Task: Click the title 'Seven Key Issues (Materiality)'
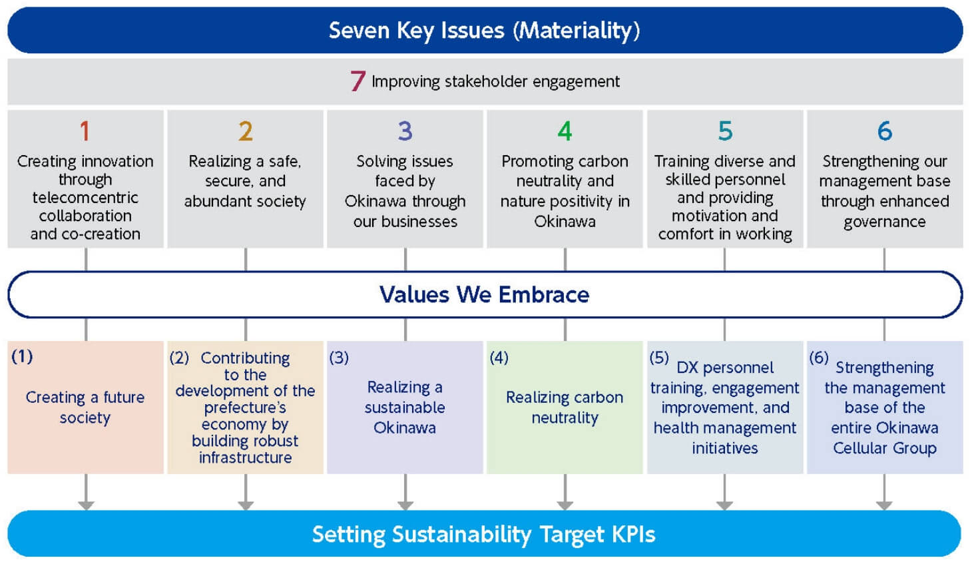tap(484, 31)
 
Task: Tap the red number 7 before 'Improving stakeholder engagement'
tap(358, 81)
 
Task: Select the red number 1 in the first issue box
tap(85, 131)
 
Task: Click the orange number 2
tap(245, 131)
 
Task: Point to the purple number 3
tap(405, 131)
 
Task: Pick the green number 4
tap(565, 131)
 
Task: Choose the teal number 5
tap(725, 131)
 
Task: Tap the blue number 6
tap(884, 131)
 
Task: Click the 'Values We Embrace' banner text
tap(484, 294)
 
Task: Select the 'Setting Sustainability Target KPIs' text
tap(484, 535)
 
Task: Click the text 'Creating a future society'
tap(85, 407)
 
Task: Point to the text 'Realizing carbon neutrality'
tap(565, 407)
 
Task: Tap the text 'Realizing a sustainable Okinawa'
tap(405, 407)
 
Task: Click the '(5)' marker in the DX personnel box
tap(659, 358)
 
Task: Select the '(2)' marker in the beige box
tap(179, 358)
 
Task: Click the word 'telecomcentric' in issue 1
tap(85, 198)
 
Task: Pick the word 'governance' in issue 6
tap(884, 222)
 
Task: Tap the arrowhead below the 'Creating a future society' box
tap(86, 505)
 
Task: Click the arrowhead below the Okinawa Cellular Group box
tap(884, 505)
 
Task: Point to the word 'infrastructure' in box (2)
tap(245, 458)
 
